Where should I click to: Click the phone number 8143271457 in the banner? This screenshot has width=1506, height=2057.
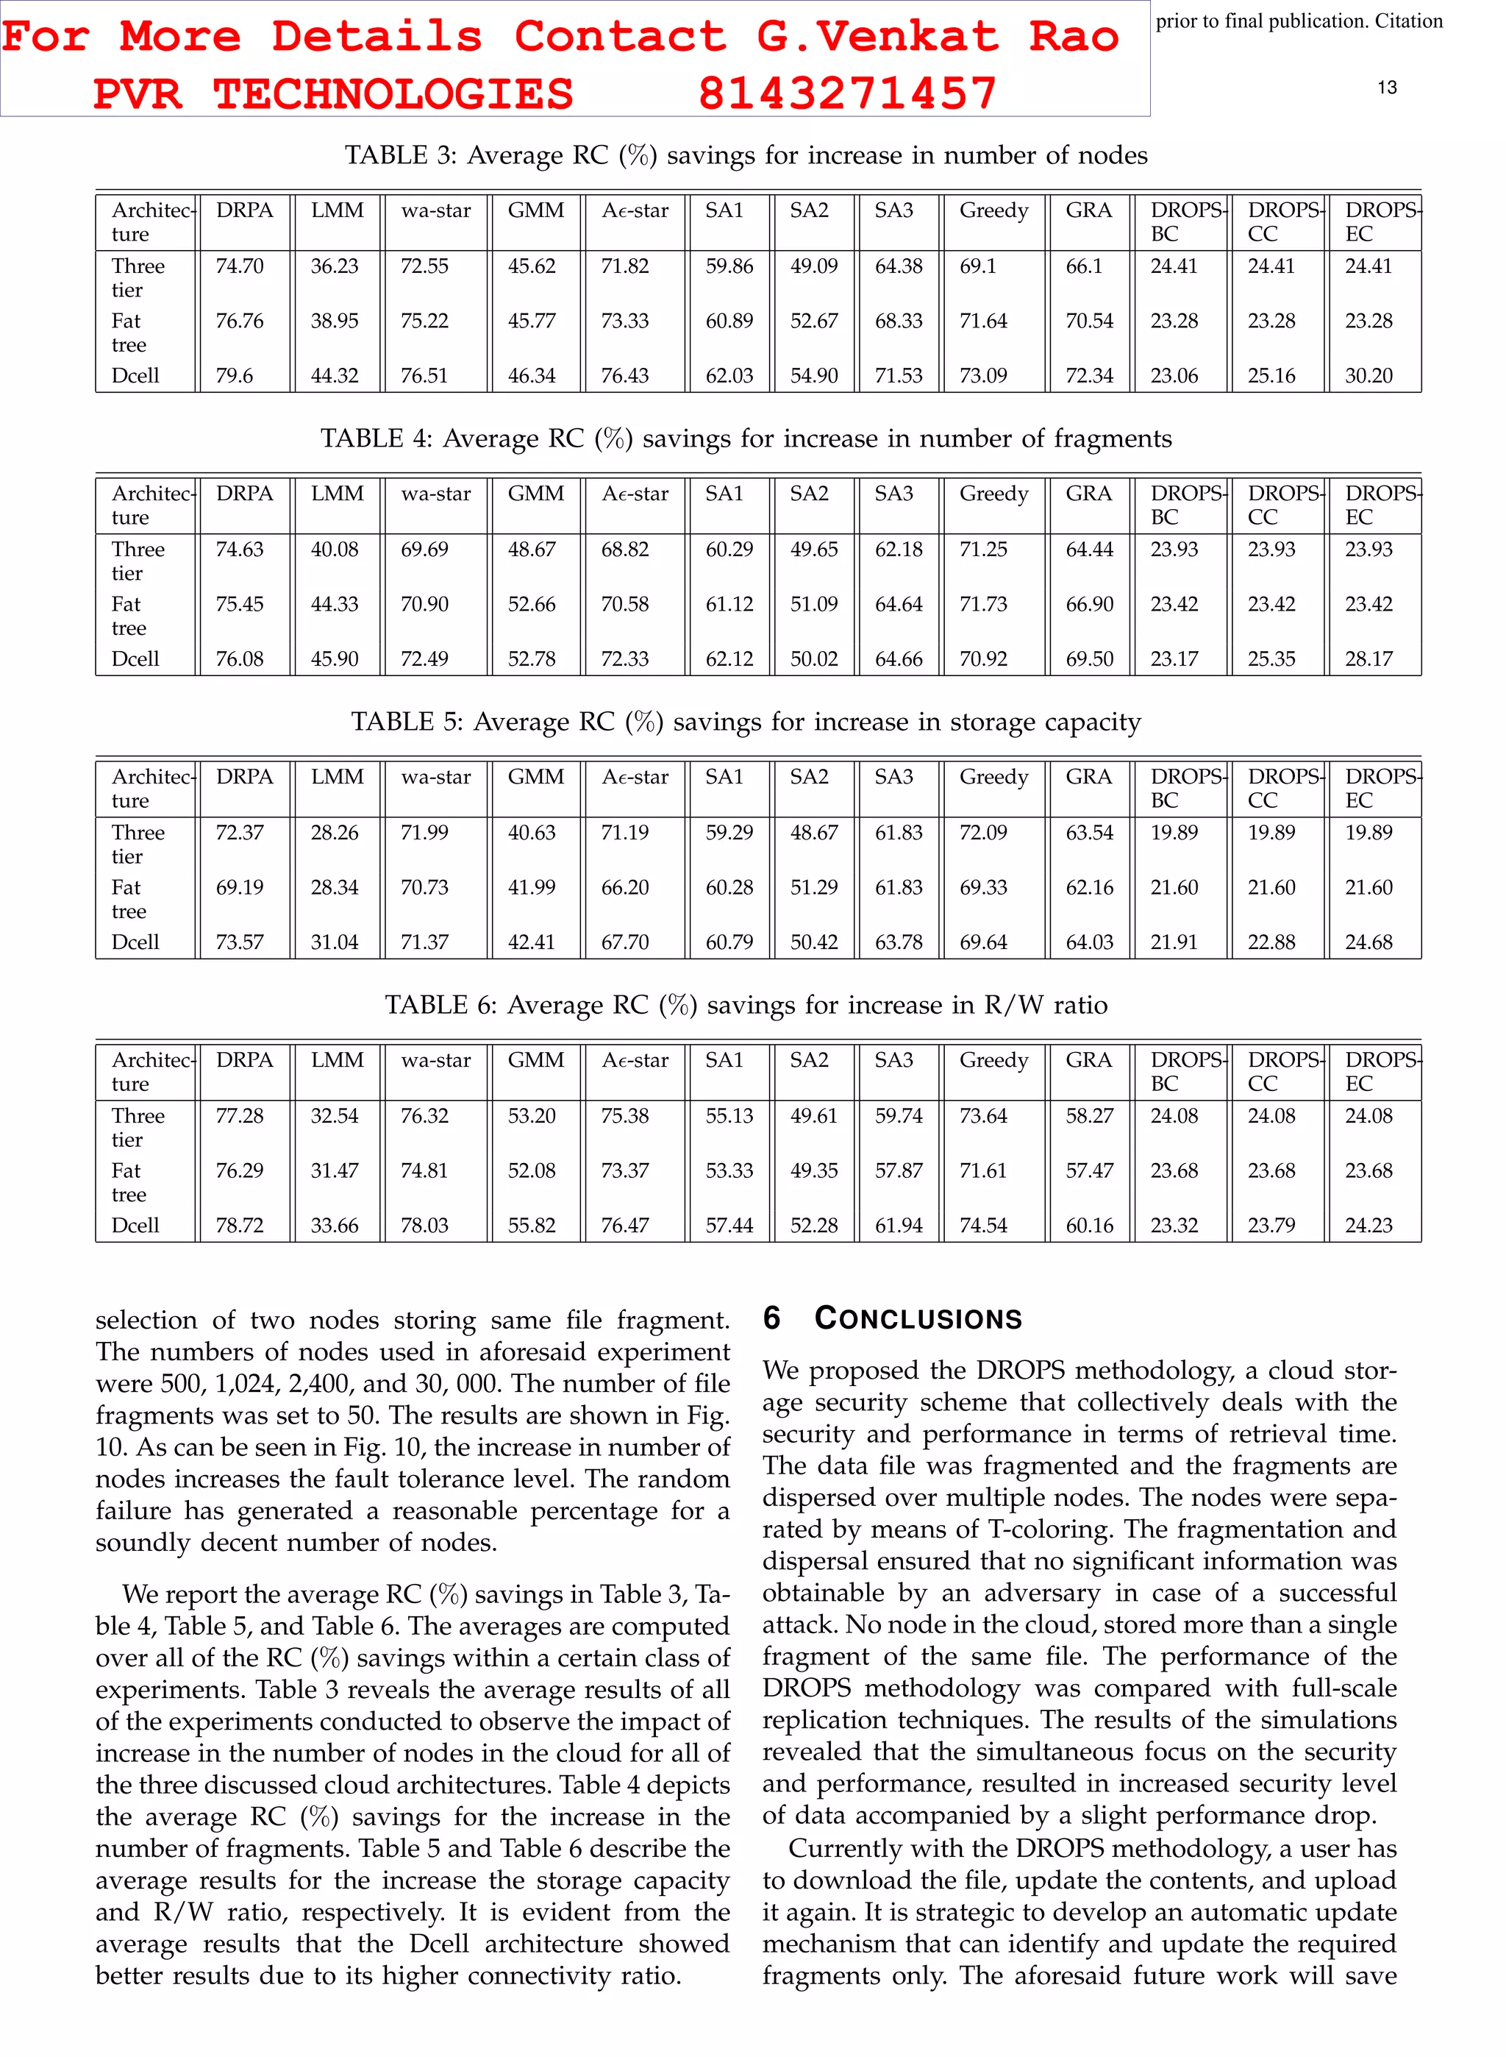point(847,93)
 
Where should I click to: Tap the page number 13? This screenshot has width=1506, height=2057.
point(1387,88)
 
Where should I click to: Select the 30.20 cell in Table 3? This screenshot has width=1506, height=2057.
point(1368,376)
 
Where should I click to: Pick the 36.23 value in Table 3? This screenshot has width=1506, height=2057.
point(335,266)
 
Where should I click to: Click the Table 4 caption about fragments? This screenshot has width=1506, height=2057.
point(746,438)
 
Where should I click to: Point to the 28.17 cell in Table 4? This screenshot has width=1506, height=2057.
point(1368,659)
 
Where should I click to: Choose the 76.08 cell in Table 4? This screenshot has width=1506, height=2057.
point(239,659)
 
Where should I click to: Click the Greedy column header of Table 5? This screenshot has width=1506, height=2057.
point(993,777)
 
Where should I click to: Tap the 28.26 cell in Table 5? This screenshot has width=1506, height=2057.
point(335,833)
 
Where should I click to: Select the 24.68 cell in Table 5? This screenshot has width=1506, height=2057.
point(1368,942)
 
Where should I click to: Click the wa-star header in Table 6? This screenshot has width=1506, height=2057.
point(436,1060)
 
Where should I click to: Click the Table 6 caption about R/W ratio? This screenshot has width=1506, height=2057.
point(746,1005)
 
